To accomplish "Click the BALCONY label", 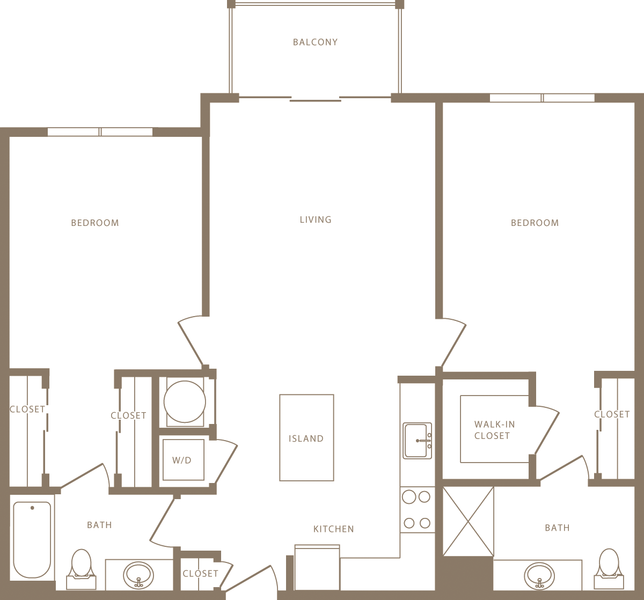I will point(315,42).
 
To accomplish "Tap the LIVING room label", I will point(316,219).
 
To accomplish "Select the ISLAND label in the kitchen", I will point(306,438).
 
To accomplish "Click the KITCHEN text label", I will point(333,529).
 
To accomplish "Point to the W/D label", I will point(182,460).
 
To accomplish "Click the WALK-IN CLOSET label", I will point(494,430).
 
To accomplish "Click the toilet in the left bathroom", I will point(81,568).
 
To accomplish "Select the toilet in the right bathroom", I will point(609,568).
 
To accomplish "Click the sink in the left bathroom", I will point(138,576).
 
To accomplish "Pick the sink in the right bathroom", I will point(539,576).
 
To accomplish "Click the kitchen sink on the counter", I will point(417,441).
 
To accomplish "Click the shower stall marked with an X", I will point(468,521).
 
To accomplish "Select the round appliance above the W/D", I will point(184,402).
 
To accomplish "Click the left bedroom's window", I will point(100,132).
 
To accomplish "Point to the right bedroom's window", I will point(542,98).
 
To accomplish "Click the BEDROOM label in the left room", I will point(95,223).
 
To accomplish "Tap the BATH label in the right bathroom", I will point(557,528).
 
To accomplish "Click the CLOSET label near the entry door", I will point(200,574).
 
